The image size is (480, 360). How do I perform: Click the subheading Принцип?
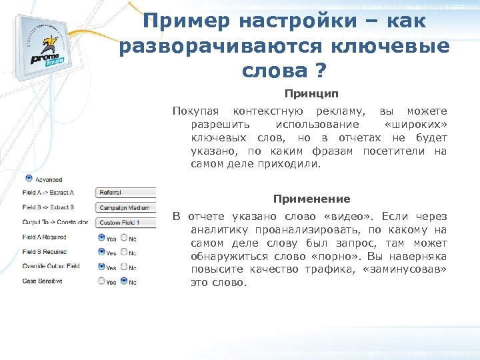[311, 94]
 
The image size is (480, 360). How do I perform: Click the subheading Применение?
[311, 199]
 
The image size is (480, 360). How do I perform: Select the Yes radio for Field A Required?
[101, 237]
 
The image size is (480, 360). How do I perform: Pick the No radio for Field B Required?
[124, 252]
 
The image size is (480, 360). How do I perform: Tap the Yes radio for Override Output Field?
[101, 267]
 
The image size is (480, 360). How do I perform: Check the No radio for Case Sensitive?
[124, 282]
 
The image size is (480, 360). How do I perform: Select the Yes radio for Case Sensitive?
[101, 282]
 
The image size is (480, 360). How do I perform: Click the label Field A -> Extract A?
[48, 192]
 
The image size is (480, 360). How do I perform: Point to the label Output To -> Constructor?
[55, 222]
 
